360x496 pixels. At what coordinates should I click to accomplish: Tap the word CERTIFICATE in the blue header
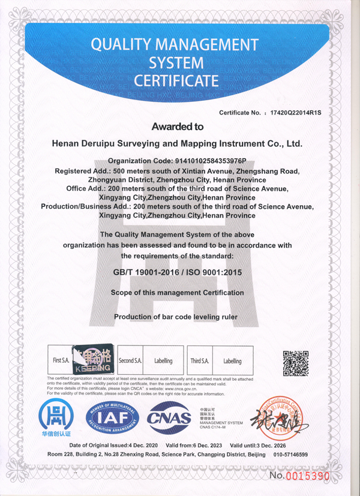176,80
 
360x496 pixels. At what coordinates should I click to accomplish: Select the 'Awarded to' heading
177,127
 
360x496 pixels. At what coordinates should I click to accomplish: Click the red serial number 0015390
307,476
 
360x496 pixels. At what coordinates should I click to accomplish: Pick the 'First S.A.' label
62,361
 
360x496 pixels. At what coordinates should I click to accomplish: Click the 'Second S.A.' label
130,361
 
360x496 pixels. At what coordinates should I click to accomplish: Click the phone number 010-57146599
290,455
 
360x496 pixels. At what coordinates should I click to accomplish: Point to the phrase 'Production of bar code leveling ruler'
177,316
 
